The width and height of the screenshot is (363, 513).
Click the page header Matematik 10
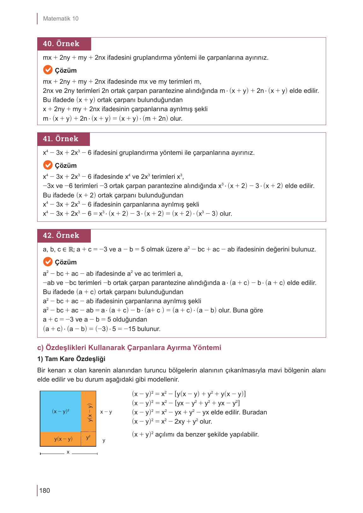coord(61,19)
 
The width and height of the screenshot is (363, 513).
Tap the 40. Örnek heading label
coord(61,44)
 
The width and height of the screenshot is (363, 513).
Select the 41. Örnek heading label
coord(61,139)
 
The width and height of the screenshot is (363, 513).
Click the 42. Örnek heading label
coord(61,236)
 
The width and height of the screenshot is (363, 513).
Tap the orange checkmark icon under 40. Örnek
coord(48,70)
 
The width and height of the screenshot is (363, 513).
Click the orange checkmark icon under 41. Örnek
coord(48,165)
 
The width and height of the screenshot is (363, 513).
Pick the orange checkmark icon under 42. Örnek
coord(48,262)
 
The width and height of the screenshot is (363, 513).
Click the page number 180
coord(45,491)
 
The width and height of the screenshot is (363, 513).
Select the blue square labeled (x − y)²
coord(61,412)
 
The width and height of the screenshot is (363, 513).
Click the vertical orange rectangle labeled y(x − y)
coord(89,412)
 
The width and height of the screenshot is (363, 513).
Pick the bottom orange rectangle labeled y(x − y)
coord(61,439)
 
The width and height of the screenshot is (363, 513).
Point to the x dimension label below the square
coord(68,452)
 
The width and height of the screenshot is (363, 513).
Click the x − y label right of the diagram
coord(106,412)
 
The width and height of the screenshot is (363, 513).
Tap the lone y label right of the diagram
coord(104,440)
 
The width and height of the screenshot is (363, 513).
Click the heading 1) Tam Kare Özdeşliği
coord(71,359)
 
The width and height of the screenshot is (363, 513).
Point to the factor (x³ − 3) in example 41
coord(207,214)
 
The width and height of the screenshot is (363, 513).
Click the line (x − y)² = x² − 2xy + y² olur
coord(172,421)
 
